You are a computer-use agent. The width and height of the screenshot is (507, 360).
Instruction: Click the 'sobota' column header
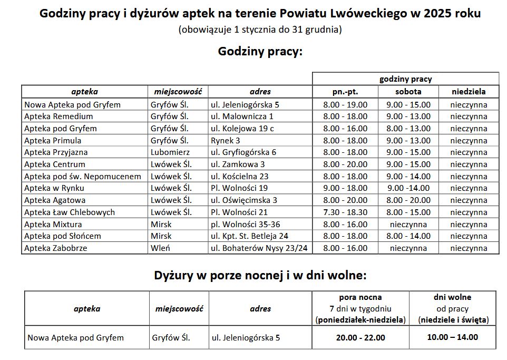408,92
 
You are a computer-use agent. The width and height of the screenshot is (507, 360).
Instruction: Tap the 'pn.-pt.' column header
345,92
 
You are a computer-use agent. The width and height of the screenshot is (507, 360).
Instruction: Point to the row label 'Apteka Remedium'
58,116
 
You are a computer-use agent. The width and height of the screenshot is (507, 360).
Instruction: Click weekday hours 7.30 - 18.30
345,212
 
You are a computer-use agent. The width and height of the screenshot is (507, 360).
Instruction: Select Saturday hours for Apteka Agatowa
408,200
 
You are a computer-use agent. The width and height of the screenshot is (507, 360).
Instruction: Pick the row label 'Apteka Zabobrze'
56,248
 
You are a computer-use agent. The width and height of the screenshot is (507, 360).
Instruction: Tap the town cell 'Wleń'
160,248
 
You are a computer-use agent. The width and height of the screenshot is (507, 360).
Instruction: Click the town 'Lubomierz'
167,152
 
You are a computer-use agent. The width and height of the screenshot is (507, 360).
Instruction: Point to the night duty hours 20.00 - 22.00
360,337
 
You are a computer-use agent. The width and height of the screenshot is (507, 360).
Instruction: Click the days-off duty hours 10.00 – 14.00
453,337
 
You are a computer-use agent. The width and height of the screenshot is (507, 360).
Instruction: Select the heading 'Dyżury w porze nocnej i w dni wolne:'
260,275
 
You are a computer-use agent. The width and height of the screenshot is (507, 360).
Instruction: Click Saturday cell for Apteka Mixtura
408,224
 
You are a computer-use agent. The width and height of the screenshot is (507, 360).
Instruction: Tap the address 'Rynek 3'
226,140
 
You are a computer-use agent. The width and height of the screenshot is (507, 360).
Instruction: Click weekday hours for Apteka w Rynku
345,188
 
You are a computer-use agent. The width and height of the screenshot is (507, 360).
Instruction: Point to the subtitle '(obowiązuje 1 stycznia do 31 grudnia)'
260,30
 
